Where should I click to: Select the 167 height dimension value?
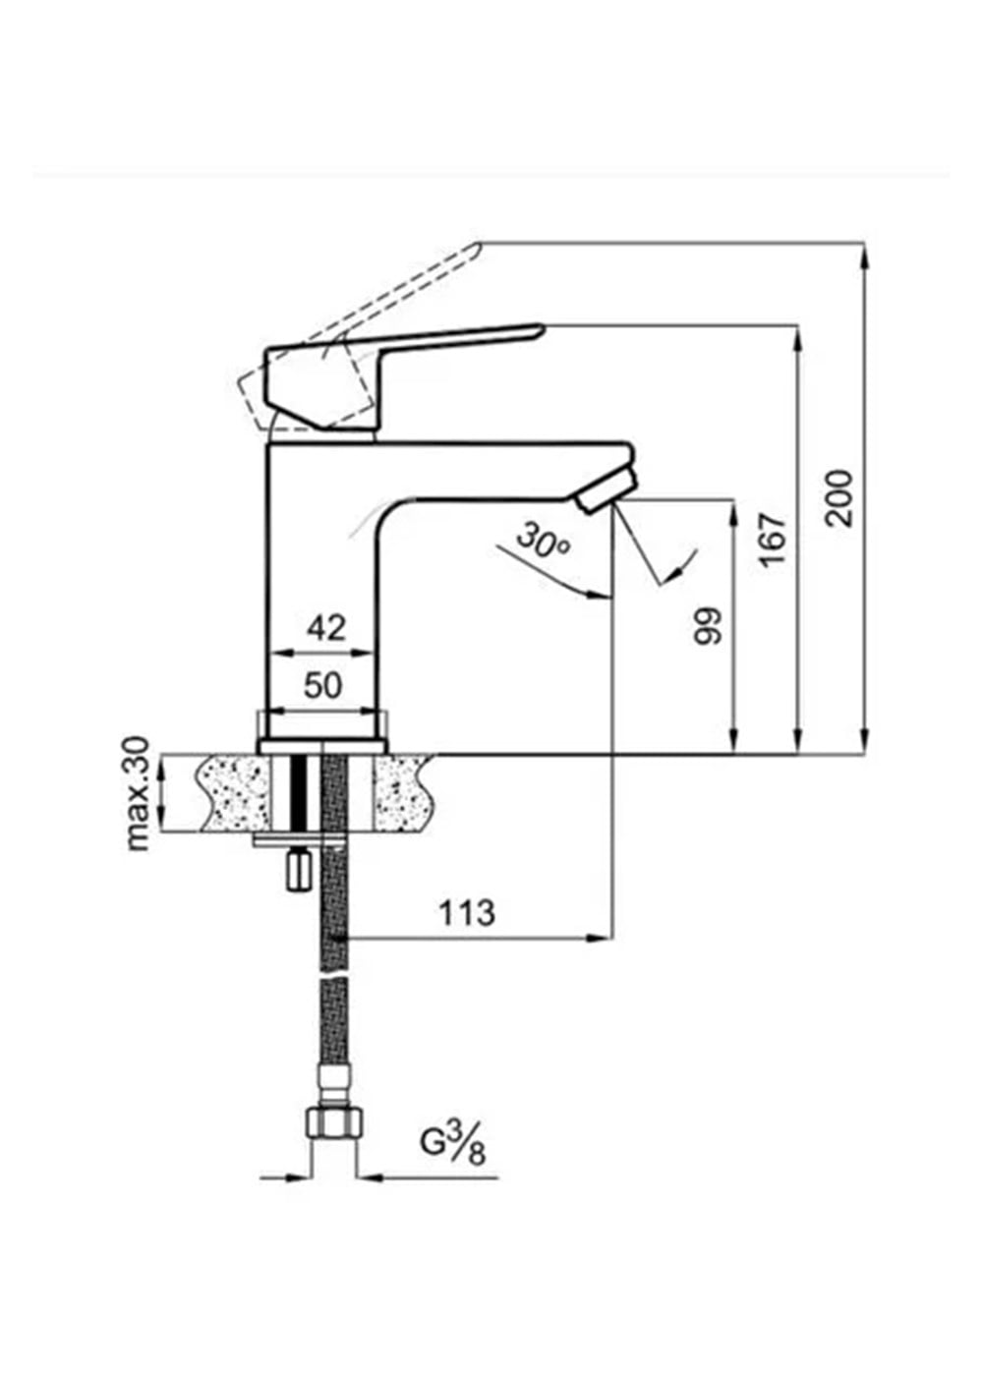[772, 540]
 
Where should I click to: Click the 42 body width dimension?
[326, 628]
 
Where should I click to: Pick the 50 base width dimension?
[323, 686]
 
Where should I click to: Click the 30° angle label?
[543, 541]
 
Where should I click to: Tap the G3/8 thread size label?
[453, 1148]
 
